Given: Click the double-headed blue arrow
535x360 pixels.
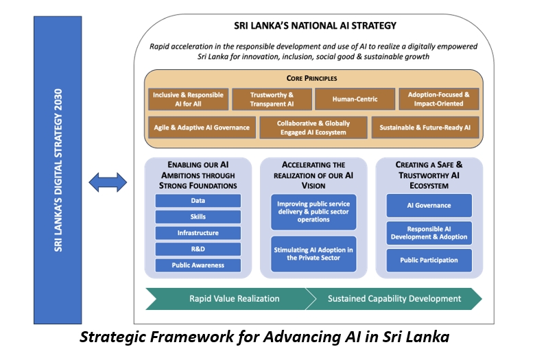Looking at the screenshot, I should point(108,182).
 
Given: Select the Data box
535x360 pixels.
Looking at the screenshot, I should point(198,201).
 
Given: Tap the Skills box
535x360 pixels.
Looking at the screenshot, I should point(198,217).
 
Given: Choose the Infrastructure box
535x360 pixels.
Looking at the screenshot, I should point(198,233).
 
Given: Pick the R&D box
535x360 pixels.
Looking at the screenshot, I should point(198,249).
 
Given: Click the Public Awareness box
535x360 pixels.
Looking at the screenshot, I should point(198,265).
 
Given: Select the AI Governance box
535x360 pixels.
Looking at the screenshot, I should point(429,206).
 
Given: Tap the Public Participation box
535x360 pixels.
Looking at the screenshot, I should point(429,261).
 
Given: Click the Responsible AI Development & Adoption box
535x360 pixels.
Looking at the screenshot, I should point(429,232).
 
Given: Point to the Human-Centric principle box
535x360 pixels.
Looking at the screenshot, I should point(355,99).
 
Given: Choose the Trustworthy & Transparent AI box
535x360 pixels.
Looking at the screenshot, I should point(272,99).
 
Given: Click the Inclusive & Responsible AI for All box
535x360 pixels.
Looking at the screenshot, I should point(188,99).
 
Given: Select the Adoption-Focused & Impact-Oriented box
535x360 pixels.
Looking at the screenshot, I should point(440,99).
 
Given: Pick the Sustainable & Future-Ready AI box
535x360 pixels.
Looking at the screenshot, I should point(429,128).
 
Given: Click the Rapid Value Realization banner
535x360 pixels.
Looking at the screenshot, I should point(225,298).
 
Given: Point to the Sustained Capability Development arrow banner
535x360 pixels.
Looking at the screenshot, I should point(394,298).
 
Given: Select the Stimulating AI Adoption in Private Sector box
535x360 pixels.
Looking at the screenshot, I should point(313,254).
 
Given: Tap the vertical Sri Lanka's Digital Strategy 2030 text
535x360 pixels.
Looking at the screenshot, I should point(58,169).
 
